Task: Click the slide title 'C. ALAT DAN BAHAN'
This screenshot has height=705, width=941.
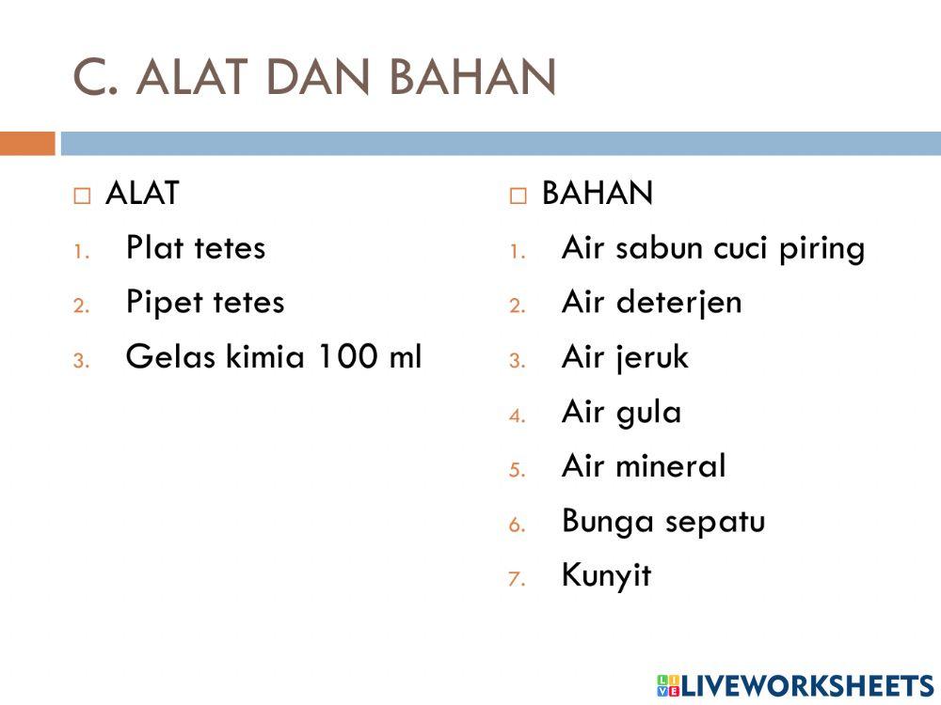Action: [x=314, y=77]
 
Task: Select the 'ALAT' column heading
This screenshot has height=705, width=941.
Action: [x=142, y=194]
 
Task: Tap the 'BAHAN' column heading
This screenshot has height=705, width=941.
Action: [x=597, y=194]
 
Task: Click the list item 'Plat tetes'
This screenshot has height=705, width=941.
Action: [x=196, y=248]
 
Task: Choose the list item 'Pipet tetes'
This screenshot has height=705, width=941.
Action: [x=205, y=303]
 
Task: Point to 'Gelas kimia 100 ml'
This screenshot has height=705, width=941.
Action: [x=274, y=357]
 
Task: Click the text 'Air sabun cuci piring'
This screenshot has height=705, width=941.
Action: [x=712, y=248]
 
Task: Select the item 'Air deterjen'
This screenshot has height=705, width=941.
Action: [x=651, y=303]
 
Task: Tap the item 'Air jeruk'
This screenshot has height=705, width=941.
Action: [x=625, y=358]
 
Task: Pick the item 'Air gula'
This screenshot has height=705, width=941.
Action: [x=621, y=413]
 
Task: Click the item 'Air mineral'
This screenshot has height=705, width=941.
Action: [x=644, y=466]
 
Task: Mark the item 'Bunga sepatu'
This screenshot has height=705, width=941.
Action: [x=662, y=521]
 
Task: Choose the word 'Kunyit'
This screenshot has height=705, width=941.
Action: [x=606, y=574]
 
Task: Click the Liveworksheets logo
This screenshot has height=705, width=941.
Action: [x=795, y=685]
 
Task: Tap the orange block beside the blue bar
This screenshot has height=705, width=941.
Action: [x=27, y=144]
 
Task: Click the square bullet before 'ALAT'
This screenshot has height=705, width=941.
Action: [x=83, y=196]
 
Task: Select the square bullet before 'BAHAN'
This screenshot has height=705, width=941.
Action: [x=518, y=196]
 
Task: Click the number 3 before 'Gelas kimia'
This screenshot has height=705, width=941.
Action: [x=81, y=360]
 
